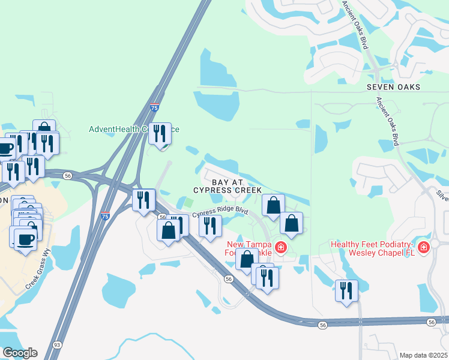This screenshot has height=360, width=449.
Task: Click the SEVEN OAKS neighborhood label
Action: (393, 87)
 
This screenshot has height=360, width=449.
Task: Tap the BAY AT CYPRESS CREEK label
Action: (228, 185)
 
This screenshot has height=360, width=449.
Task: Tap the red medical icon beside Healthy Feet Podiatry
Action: (424, 247)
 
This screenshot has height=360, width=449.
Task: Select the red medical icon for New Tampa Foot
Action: (280, 247)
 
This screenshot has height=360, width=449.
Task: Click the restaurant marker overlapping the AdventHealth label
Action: (160, 133)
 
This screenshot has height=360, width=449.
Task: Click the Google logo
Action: (19, 353)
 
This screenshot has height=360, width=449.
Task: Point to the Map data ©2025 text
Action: (423, 355)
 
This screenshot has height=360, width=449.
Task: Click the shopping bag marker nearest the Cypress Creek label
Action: (273, 205)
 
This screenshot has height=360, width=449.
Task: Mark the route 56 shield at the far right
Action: (432, 323)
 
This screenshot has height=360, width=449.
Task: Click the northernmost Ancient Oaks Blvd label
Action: (363, 25)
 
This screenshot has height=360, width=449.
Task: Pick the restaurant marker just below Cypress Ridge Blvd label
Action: (209, 226)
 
